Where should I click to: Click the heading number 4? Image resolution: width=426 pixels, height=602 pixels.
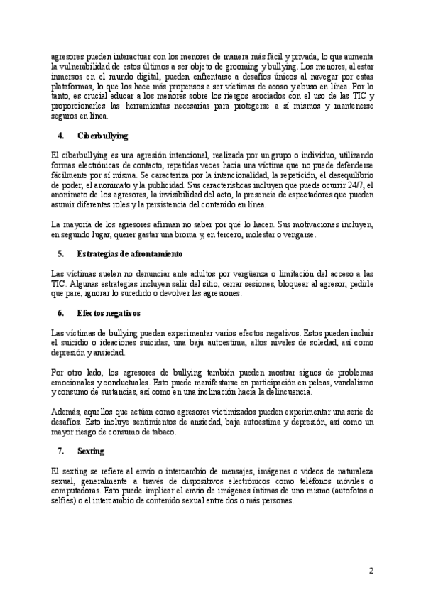[x=61, y=135]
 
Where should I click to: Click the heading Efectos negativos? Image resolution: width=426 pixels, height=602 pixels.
[x=109, y=313]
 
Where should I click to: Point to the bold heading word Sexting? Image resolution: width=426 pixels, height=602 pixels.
[x=91, y=451]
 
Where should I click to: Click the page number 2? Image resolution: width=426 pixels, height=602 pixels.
[x=371, y=570]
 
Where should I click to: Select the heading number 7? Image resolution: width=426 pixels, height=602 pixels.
[x=61, y=451]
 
